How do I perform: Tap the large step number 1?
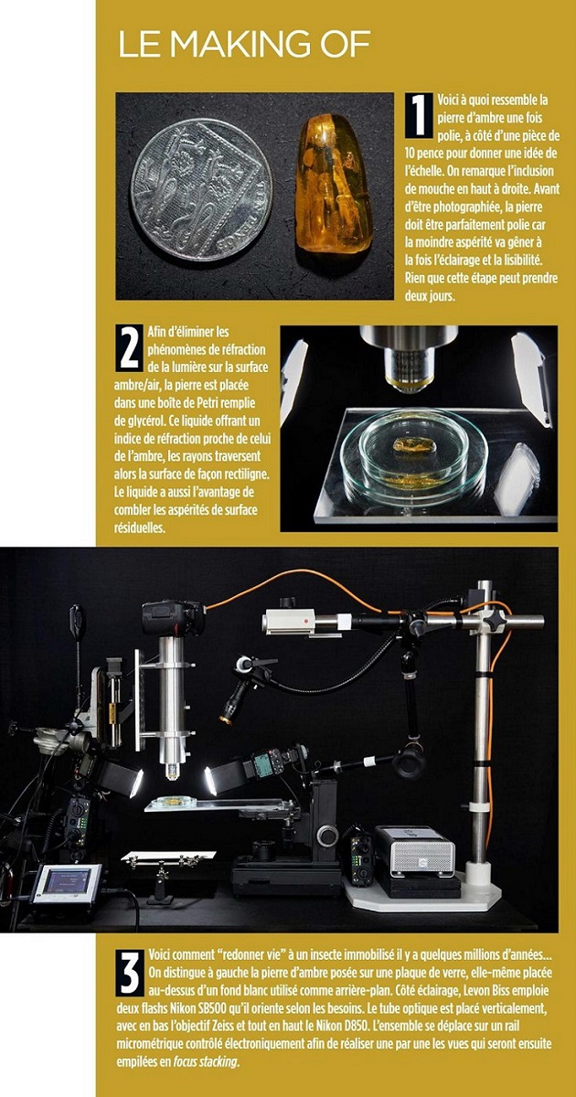click(419, 115)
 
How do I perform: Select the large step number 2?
click(129, 347)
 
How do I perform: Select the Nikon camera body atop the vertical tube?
click(173, 618)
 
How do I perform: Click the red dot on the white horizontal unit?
click(305, 621)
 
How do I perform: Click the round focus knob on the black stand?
click(326, 835)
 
